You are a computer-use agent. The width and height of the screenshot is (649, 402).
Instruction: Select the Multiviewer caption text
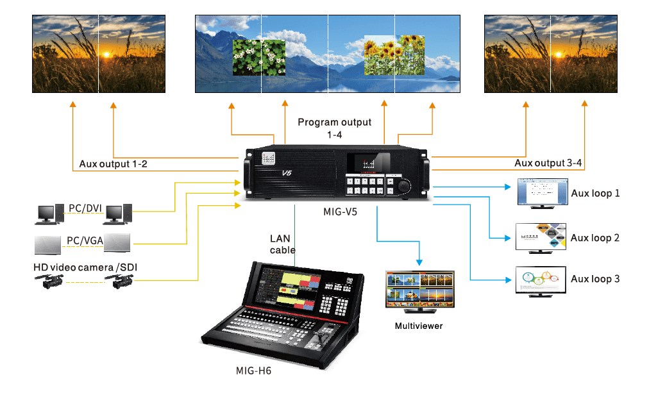click(419, 326)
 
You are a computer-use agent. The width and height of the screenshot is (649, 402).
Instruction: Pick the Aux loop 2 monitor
click(541, 237)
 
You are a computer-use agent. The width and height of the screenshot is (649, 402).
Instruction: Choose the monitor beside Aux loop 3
click(541, 279)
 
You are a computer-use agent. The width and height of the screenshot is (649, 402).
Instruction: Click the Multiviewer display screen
click(419, 287)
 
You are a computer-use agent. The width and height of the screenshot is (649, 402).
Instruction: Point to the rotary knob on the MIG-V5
click(404, 186)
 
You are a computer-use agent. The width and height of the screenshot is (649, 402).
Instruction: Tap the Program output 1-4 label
click(334, 128)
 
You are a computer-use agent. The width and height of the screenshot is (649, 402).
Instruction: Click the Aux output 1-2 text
click(114, 164)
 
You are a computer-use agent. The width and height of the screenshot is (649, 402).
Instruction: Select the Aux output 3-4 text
click(548, 163)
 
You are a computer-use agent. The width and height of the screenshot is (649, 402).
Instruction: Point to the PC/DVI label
click(85, 207)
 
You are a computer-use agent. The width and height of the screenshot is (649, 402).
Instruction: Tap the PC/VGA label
click(84, 241)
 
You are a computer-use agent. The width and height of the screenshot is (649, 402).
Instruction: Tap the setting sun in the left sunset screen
click(106, 55)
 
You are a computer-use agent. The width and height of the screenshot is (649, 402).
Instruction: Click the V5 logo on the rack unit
click(287, 174)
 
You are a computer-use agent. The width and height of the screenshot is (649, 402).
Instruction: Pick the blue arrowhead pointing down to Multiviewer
click(420, 262)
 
